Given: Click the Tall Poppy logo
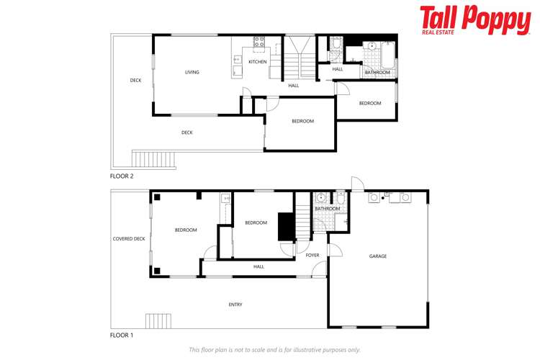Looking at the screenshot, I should point(475,19).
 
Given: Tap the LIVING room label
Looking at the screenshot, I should point(192,72).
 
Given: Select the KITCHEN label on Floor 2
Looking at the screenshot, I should point(258,62).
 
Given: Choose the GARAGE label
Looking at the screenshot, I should point(378,256).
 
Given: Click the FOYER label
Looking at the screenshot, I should point(312,255).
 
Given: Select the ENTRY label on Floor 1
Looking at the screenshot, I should point(235,305).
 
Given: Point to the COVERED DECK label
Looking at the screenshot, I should point(129,238).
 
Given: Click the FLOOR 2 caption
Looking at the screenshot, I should point(122,176).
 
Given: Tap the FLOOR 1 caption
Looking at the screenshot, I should point(122,335).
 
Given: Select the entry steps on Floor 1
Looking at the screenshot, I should point(159,320).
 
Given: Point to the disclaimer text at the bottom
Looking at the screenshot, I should point(274,349).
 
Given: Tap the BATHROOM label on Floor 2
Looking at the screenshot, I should point(377,73).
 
